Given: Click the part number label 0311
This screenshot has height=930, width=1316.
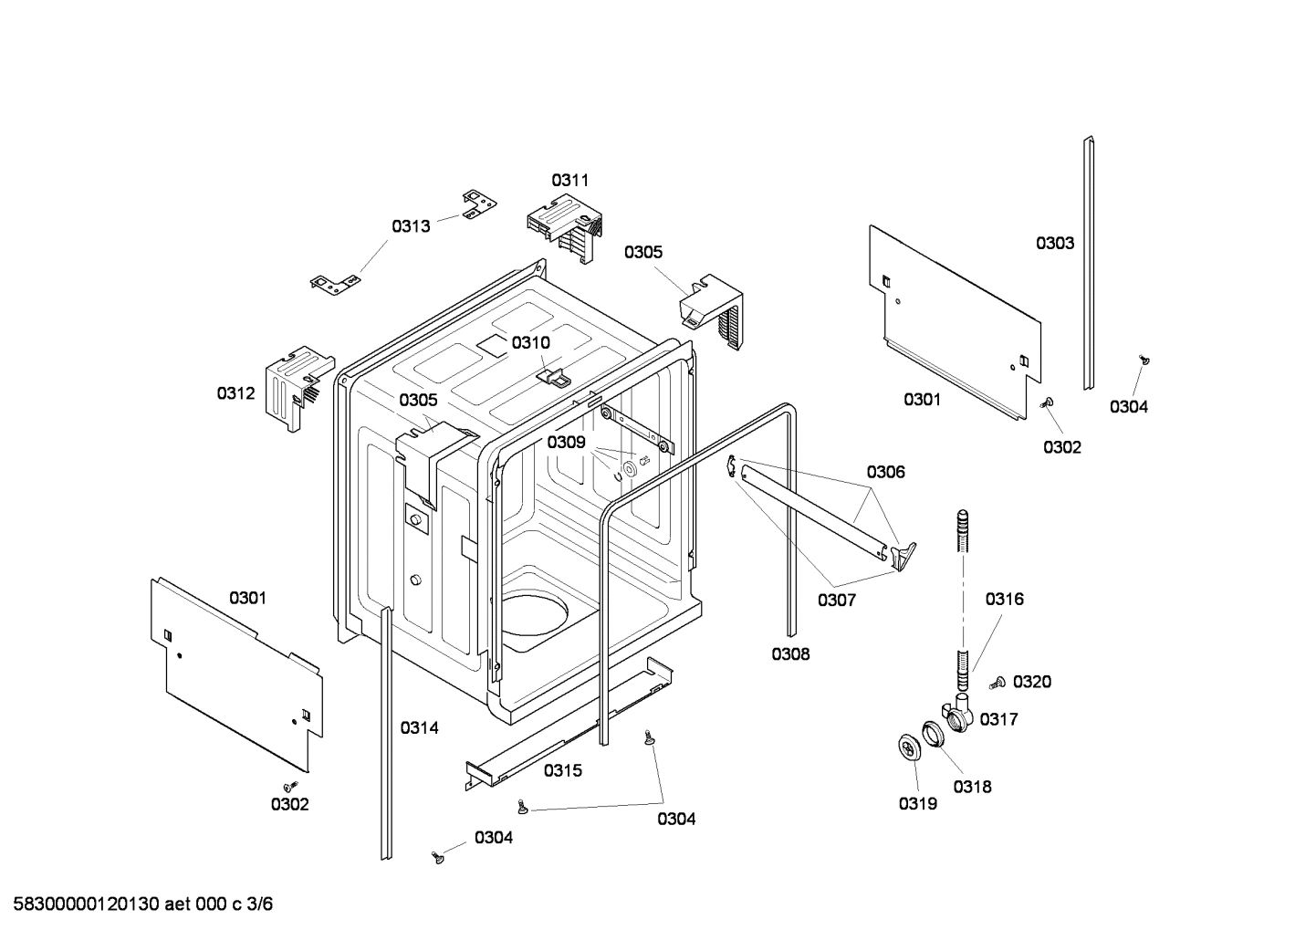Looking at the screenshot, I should (x=569, y=181).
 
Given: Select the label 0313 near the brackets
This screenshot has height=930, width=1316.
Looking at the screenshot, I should (x=411, y=226).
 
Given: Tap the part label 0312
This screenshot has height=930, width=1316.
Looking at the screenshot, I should (x=235, y=393).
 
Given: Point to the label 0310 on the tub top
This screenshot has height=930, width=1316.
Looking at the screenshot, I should (x=530, y=343).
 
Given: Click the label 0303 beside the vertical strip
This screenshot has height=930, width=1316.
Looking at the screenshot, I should (x=1054, y=244).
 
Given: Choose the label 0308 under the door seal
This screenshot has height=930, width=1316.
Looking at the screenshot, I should (x=789, y=653).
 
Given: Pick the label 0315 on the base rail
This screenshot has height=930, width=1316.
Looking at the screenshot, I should (x=562, y=770).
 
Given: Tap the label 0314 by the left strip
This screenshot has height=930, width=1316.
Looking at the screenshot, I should (x=419, y=727).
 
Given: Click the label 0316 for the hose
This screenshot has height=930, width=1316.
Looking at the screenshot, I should (x=1004, y=599).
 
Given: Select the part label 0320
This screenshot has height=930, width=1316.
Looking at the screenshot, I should (x=1032, y=682).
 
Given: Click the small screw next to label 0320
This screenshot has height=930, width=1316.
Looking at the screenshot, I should (x=997, y=682).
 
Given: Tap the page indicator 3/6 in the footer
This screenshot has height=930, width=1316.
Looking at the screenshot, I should (x=260, y=904).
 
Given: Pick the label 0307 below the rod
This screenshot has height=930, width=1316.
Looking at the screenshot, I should (x=836, y=601).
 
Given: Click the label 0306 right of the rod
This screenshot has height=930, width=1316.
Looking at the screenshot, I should (x=885, y=472).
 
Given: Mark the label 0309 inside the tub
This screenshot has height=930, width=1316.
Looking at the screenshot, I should (x=566, y=443).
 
